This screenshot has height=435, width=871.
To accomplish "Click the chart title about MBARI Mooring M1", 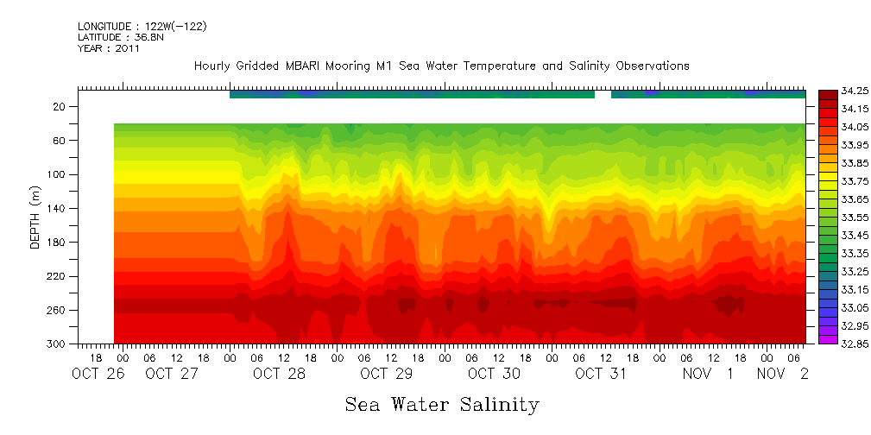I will coord(441,66).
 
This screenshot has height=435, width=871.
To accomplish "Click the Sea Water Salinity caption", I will coord(442,405).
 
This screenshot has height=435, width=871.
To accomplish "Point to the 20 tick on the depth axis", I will coord(60,107).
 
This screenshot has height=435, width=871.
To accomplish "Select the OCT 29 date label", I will coord(387,374).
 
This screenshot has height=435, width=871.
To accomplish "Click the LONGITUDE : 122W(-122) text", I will coord(142,27).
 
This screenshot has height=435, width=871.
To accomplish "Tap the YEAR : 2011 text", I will coord(109,49).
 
